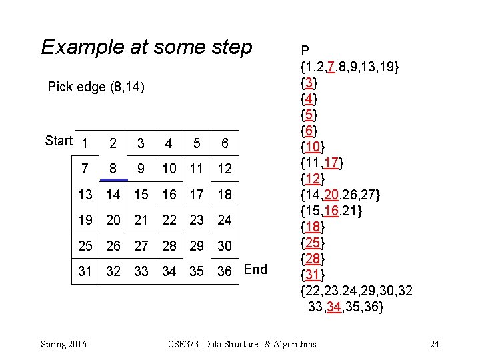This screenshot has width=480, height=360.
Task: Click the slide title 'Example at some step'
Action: click(x=147, y=47)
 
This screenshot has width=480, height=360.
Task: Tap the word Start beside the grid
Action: click(x=59, y=141)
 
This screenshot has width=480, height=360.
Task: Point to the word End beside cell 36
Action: click(x=255, y=269)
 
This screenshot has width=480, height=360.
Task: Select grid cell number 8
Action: click(x=114, y=169)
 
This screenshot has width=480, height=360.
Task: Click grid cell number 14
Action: click(x=114, y=195)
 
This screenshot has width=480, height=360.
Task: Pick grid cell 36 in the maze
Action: click(x=225, y=271)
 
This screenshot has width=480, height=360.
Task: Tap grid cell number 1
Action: click(x=85, y=143)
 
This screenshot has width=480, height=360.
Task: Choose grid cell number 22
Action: click(x=169, y=220)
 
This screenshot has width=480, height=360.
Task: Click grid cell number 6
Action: click(x=225, y=143)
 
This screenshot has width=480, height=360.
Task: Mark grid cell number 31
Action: click(x=85, y=271)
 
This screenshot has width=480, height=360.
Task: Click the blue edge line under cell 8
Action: click(x=114, y=180)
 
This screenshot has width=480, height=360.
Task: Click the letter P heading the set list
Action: click(x=305, y=51)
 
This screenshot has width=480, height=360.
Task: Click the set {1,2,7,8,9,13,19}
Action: click(x=350, y=67)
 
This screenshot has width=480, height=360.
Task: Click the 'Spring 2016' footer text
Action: click(x=63, y=344)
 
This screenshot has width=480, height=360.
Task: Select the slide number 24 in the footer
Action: click(x=434, y=344)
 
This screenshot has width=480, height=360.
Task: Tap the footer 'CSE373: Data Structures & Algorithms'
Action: click(x=243, y=344)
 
